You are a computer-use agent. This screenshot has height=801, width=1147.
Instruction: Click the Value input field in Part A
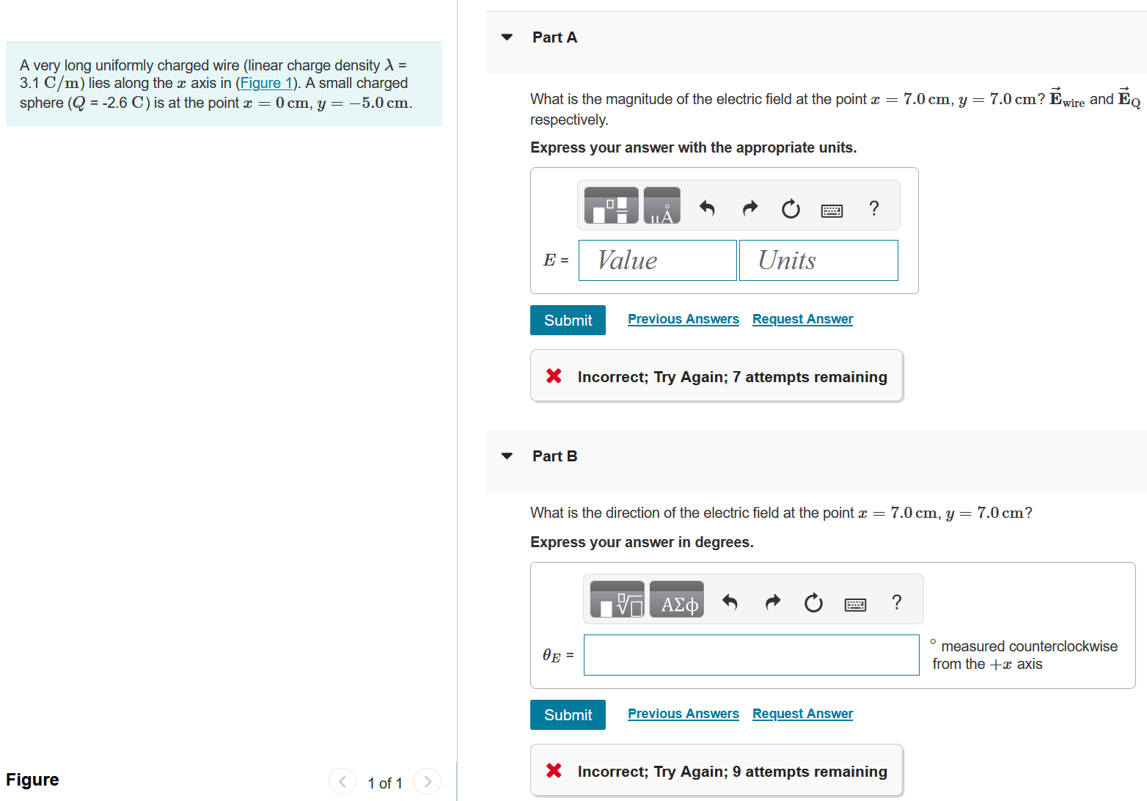click(657, 260)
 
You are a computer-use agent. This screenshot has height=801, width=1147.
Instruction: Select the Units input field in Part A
click(818, 260)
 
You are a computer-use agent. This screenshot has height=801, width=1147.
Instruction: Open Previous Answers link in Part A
click(683, 319)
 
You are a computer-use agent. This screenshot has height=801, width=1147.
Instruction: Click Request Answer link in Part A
click(802, 319)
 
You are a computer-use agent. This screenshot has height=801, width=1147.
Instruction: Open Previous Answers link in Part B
click(683, 714)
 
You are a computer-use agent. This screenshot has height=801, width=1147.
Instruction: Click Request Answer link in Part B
click(802, 714)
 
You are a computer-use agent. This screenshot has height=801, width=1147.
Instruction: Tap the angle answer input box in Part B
click(751, 655)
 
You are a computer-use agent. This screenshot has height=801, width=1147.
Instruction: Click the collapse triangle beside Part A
click(507, 37)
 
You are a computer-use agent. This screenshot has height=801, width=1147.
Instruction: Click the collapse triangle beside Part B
click(507, 456)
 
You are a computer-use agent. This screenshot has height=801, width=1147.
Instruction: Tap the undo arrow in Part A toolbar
click(707, 209)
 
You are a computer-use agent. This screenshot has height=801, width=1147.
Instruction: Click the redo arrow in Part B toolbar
click(772, 603)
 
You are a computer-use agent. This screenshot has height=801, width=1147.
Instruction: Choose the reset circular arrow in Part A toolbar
click(791, 210)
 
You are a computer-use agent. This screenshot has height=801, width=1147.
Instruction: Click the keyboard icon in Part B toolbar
click(855, 604)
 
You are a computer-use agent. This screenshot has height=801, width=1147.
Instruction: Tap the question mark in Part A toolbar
click(873, 209)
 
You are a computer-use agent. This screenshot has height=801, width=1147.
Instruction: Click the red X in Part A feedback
click(554, 376)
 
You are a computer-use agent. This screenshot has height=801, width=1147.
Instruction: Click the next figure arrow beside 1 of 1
click(428, 782)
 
